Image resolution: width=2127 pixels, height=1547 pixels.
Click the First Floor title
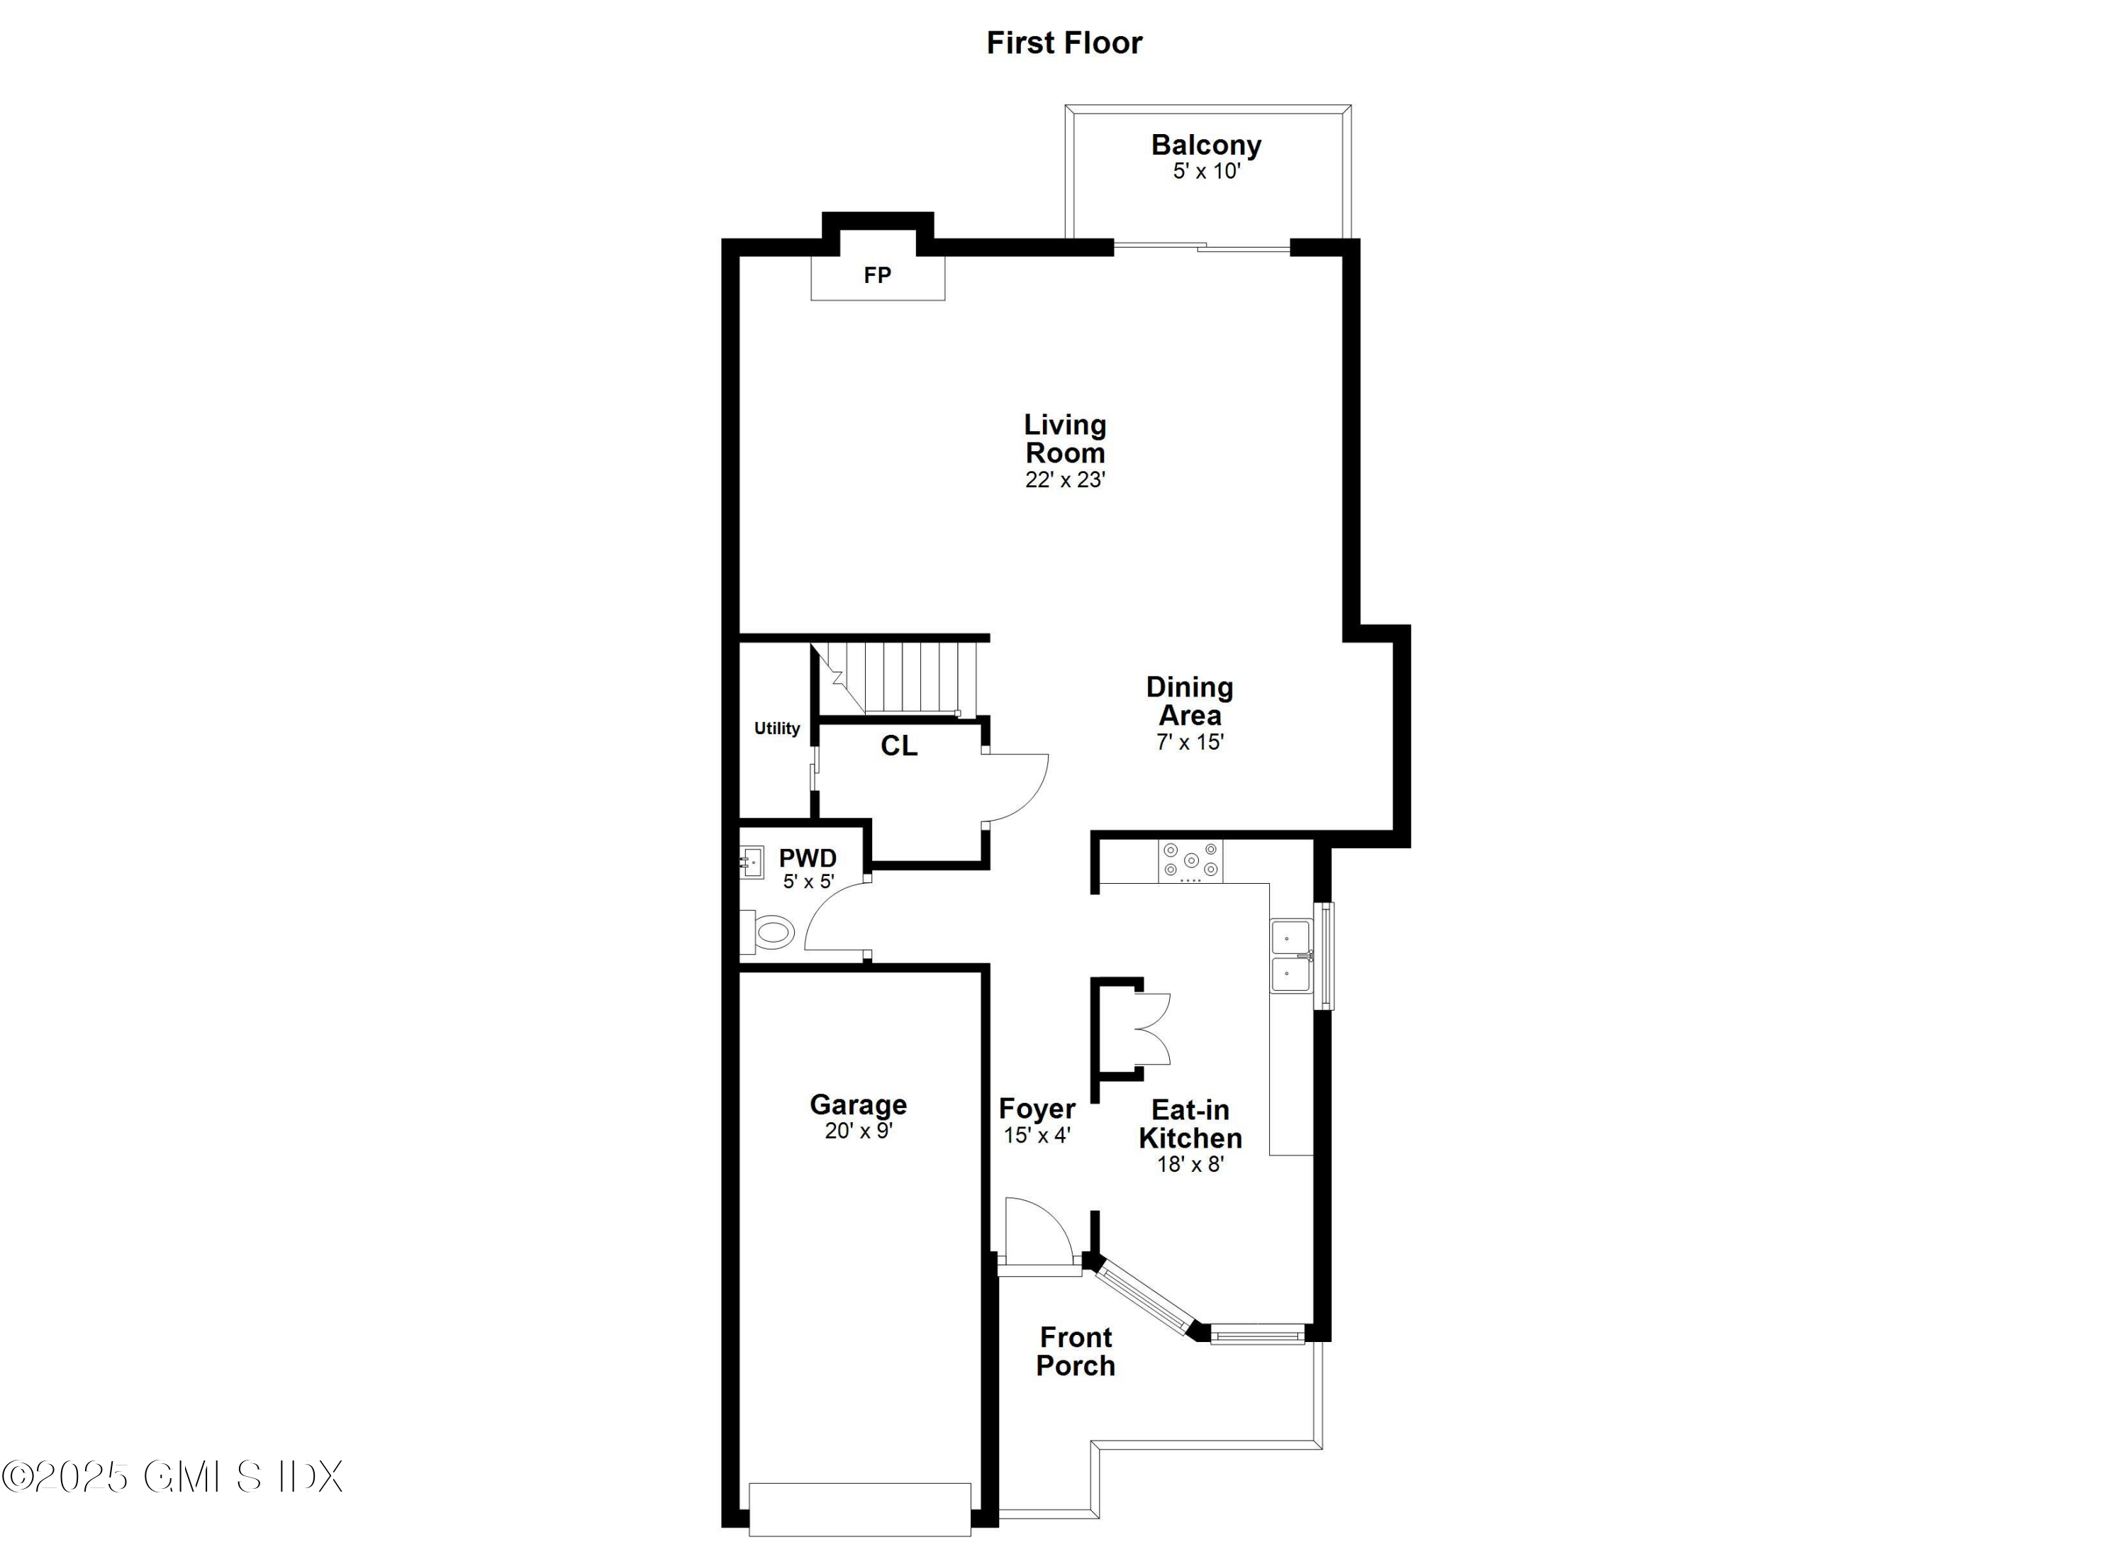tap(1063, 43)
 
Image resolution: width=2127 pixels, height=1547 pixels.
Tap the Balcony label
tap(1205, 145)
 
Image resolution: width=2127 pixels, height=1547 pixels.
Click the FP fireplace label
tap(877, 276)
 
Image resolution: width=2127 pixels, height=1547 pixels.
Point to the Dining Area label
tap(1189, 701)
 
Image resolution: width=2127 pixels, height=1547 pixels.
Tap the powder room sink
tap(750, 861)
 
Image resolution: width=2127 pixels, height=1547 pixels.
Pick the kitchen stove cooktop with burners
tap(1190, 861)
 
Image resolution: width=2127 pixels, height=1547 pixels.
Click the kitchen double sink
tap(1290, 956)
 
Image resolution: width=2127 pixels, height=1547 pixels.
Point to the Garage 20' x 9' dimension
tap(858, 1131)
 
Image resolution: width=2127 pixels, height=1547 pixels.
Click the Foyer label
tap(1037, 1109)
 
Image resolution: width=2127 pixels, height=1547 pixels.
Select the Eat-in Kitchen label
tap(1190, 1124)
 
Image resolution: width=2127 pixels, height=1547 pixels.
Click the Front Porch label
tap(1076, 1352)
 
